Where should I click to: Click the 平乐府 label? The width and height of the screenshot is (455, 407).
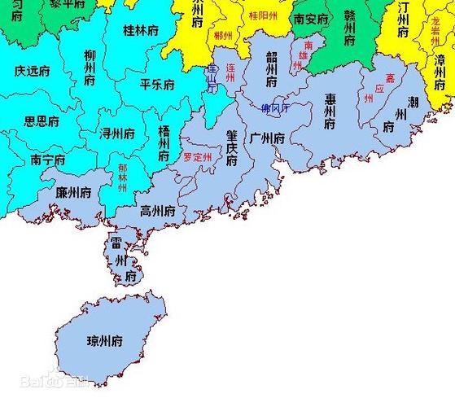coord(157,84)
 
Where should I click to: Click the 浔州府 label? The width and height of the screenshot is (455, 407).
coord(117,132)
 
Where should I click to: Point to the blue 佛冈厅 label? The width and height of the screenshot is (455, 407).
coord(278,107)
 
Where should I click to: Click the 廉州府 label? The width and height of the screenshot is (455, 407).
coord(72,192)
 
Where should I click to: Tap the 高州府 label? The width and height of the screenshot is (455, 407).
coord(158,210)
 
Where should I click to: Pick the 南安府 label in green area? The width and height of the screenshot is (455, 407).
coord(312,18)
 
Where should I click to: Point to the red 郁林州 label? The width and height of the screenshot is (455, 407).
coord(123,177)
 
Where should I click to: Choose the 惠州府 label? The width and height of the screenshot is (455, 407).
coord(330,112)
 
